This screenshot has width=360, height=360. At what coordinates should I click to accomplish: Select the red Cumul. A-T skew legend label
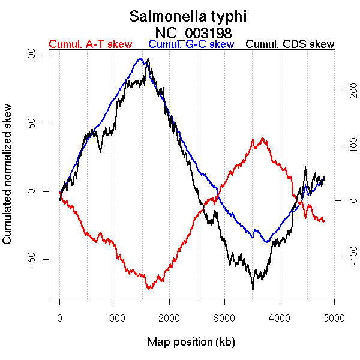tap(90, 44)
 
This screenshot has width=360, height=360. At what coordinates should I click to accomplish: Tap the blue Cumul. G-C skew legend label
tap(191, 44)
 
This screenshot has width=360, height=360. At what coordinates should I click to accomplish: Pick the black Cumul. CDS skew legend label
tap(290, 44)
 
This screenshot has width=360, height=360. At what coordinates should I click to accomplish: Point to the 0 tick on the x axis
tap(59, 317)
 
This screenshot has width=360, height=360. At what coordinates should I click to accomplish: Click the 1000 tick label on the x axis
tap(115, 317)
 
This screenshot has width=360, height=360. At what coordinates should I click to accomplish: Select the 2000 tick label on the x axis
tap(170, 317)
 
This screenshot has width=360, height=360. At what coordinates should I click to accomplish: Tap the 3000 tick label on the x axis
tap(224, 317)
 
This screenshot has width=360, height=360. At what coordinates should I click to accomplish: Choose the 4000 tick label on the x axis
tap(280, 317)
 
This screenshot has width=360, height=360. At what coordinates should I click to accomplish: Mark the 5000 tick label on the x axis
tap(334, 317)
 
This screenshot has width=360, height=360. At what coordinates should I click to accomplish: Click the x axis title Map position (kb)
tap(191, 343)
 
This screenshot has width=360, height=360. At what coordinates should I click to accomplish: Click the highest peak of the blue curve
tap(140, 58)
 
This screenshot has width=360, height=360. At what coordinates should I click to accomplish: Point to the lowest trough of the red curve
tap(148, 289)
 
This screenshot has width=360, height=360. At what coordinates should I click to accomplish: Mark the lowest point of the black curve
tap(253, 289)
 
